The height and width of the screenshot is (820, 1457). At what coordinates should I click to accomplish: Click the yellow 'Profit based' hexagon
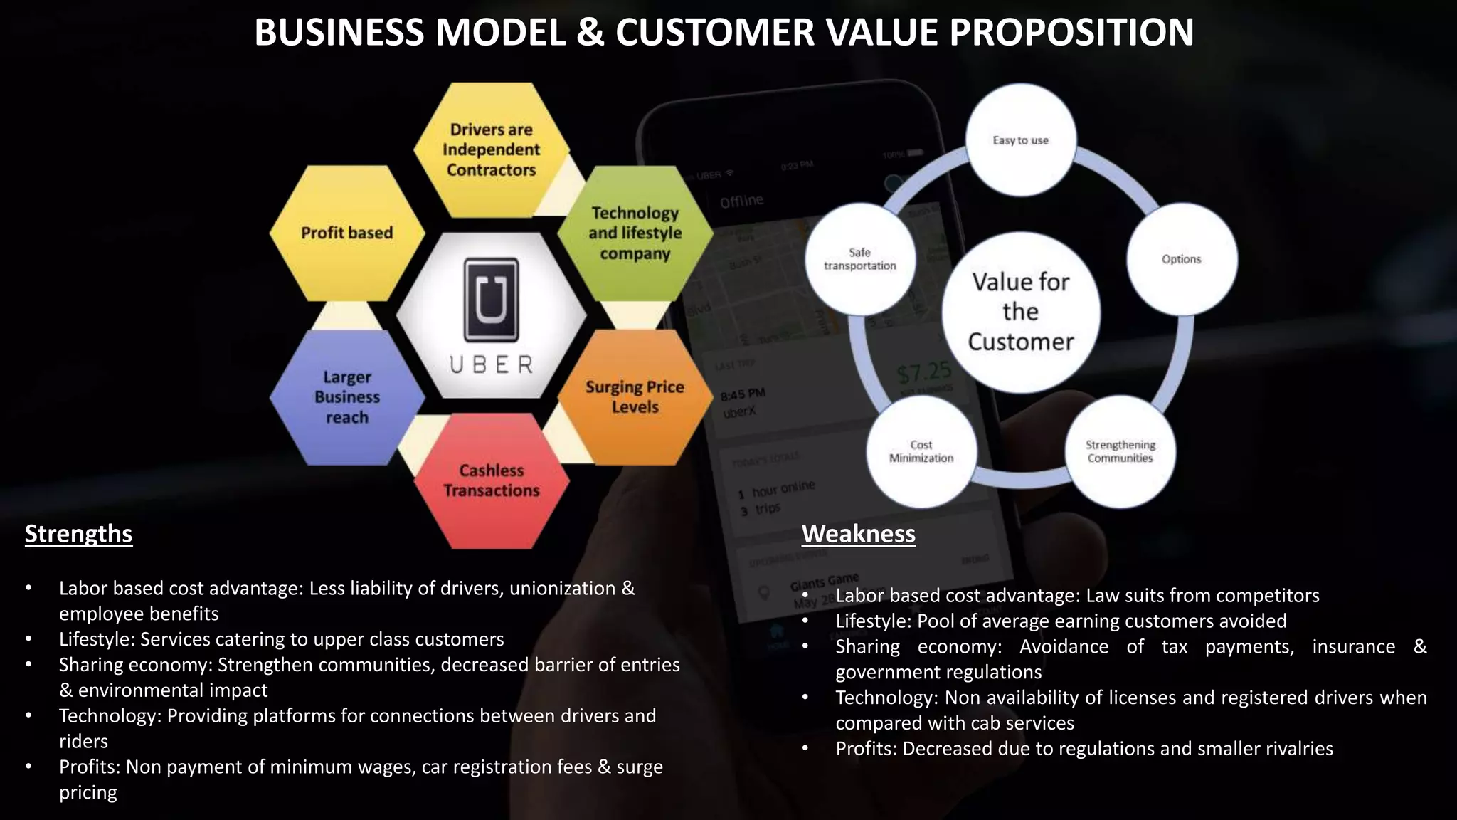click(347, 233)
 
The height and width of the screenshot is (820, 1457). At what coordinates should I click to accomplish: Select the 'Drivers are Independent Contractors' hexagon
click(491, 149)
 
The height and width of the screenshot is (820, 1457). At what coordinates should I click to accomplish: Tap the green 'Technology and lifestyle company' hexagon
click(635, 233)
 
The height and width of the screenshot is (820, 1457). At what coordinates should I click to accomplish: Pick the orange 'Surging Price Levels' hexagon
click(635, 397)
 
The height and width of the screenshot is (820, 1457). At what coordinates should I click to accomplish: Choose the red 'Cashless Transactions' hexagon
click(491, 480)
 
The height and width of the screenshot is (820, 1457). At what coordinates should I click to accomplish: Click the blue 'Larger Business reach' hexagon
click(347, 397)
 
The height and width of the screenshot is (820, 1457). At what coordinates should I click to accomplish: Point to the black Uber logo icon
click(491, 300)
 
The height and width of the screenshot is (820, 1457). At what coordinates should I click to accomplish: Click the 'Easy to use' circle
click(1020, 140)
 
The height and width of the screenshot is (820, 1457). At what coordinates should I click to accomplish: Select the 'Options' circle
click(1181, 259)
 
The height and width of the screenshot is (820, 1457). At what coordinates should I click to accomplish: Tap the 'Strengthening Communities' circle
click(1120, 451)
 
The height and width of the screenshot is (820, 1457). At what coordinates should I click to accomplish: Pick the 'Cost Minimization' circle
click(921, 451)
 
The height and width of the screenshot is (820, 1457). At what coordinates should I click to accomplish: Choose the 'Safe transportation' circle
click(859, 259)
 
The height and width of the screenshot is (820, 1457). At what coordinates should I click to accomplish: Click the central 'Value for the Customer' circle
click(1021, 312)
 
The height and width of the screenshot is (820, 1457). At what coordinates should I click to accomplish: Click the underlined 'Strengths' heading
click(78, 534)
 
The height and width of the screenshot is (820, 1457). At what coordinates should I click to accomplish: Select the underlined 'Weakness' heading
click(858, 534)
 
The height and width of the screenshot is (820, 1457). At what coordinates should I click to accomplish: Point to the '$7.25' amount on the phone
click(923, 372)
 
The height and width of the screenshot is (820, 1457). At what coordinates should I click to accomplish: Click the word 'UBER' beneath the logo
click(491, 365)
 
